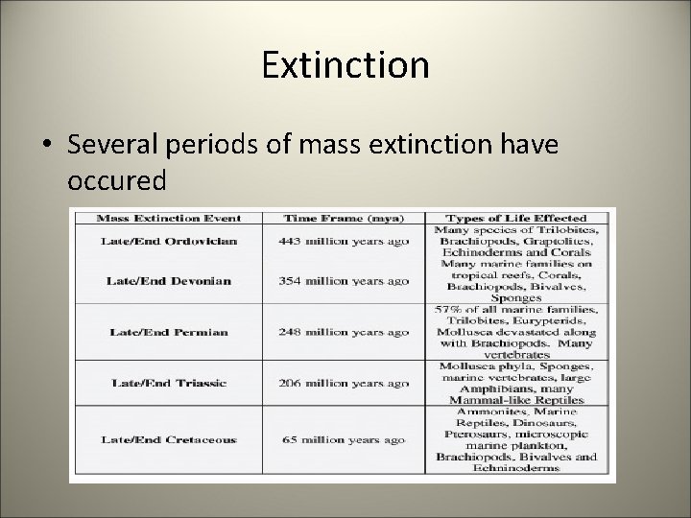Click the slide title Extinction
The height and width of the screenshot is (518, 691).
click(x=345, y=66)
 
